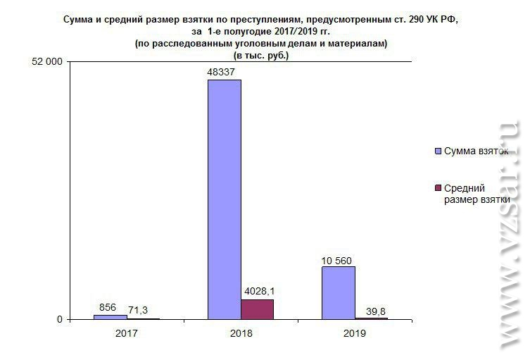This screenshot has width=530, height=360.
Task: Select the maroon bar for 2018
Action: pos(257,309)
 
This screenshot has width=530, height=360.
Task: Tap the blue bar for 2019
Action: pos(339,292)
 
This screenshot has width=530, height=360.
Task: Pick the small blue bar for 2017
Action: pos(111,317)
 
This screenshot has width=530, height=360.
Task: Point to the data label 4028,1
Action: pos(258,292)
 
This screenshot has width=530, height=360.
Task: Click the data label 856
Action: pos(108,307)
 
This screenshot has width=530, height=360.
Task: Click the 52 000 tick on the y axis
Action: pos(46,61)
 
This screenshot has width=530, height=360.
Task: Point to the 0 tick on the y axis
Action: pos(60,319)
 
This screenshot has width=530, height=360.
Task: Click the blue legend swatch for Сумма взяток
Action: pos(438,151)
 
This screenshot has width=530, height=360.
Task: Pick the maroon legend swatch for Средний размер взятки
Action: pos(438,188)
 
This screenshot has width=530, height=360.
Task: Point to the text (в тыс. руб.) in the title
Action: pos(261,55)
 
